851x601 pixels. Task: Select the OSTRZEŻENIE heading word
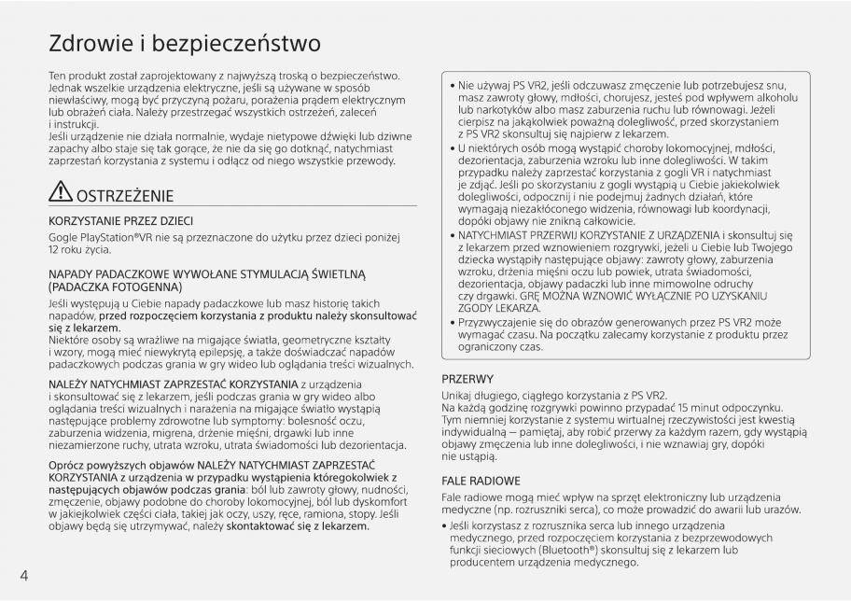point(125,196)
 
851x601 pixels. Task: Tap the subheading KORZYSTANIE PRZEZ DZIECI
point(120,221)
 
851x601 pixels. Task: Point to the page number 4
point(23,574)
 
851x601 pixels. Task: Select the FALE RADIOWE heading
point(481,480)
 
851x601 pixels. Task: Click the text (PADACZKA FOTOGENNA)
point(116,287)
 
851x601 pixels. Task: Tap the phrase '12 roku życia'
point(86,252)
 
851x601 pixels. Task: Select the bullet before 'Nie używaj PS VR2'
point(453,85)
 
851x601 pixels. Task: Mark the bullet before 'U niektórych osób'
point(453,149)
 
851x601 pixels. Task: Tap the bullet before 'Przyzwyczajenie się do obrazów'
point(453,321)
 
